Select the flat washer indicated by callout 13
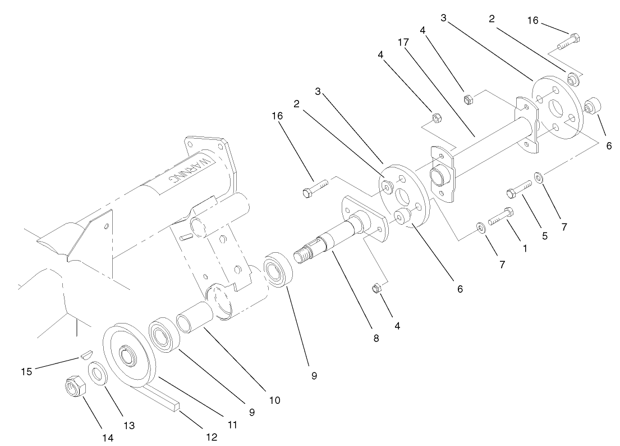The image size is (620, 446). (98, 373)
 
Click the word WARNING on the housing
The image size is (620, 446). (190, 171)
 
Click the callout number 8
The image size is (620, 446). (375, 339)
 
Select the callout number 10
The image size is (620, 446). (275, 401)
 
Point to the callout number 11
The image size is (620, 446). (232, 425)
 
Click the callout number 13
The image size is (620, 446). (129, 426)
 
